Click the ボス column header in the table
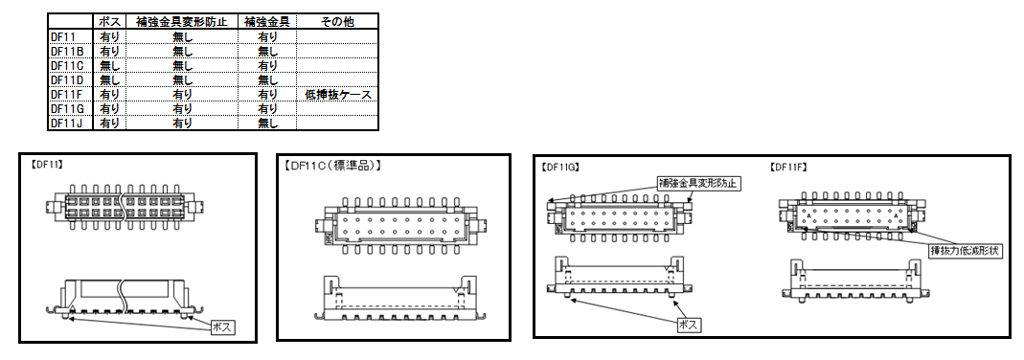click(109, 21)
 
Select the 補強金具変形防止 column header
click(182, 21)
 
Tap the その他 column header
click(337, 21)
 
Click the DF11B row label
click(67, 51)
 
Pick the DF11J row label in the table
click(67, 123)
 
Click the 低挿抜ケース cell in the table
click(337, 95)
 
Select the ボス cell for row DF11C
click(109, 65)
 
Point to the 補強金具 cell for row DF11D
click(268, 79)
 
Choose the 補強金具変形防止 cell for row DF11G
click(182, 108)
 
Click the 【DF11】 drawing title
click(46, 165)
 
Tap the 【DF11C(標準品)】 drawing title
click(332, 166)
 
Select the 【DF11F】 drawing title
click(788, 167)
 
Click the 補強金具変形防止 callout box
click(698, 183)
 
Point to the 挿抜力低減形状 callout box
click(966, 251)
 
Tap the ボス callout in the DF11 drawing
click(222, 326)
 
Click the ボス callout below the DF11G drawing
click(690, 325)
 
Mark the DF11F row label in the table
click(67, 94)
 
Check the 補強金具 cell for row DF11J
click(268, 123)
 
